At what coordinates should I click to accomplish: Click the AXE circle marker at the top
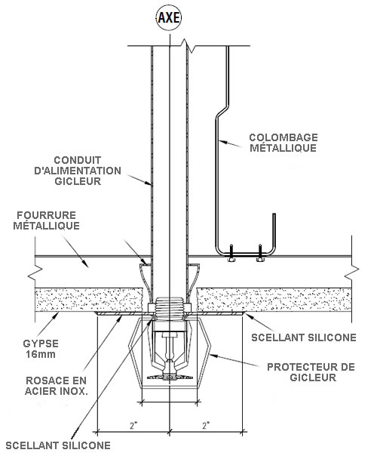coord(169,17)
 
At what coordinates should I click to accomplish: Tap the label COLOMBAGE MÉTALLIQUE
coord(284,143)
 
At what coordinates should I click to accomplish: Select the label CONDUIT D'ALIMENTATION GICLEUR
coord(78,171)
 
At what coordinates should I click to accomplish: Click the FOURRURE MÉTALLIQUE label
coord(47,220)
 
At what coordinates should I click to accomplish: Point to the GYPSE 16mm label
coord(41,349)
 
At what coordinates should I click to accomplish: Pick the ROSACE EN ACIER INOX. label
coord(57,386)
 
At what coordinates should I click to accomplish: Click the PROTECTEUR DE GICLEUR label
coord(311,372)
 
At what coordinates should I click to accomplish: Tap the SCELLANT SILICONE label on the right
coord(304,337)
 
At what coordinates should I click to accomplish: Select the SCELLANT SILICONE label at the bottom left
coord(58,445)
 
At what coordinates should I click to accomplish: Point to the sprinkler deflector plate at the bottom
coord(170,377)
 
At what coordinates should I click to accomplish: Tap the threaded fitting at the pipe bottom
coord(170,309)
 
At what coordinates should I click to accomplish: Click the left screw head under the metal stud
coord(231,259)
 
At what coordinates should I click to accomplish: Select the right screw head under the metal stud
coord(260,259)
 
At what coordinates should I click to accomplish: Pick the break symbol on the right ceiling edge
coord(351,273)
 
